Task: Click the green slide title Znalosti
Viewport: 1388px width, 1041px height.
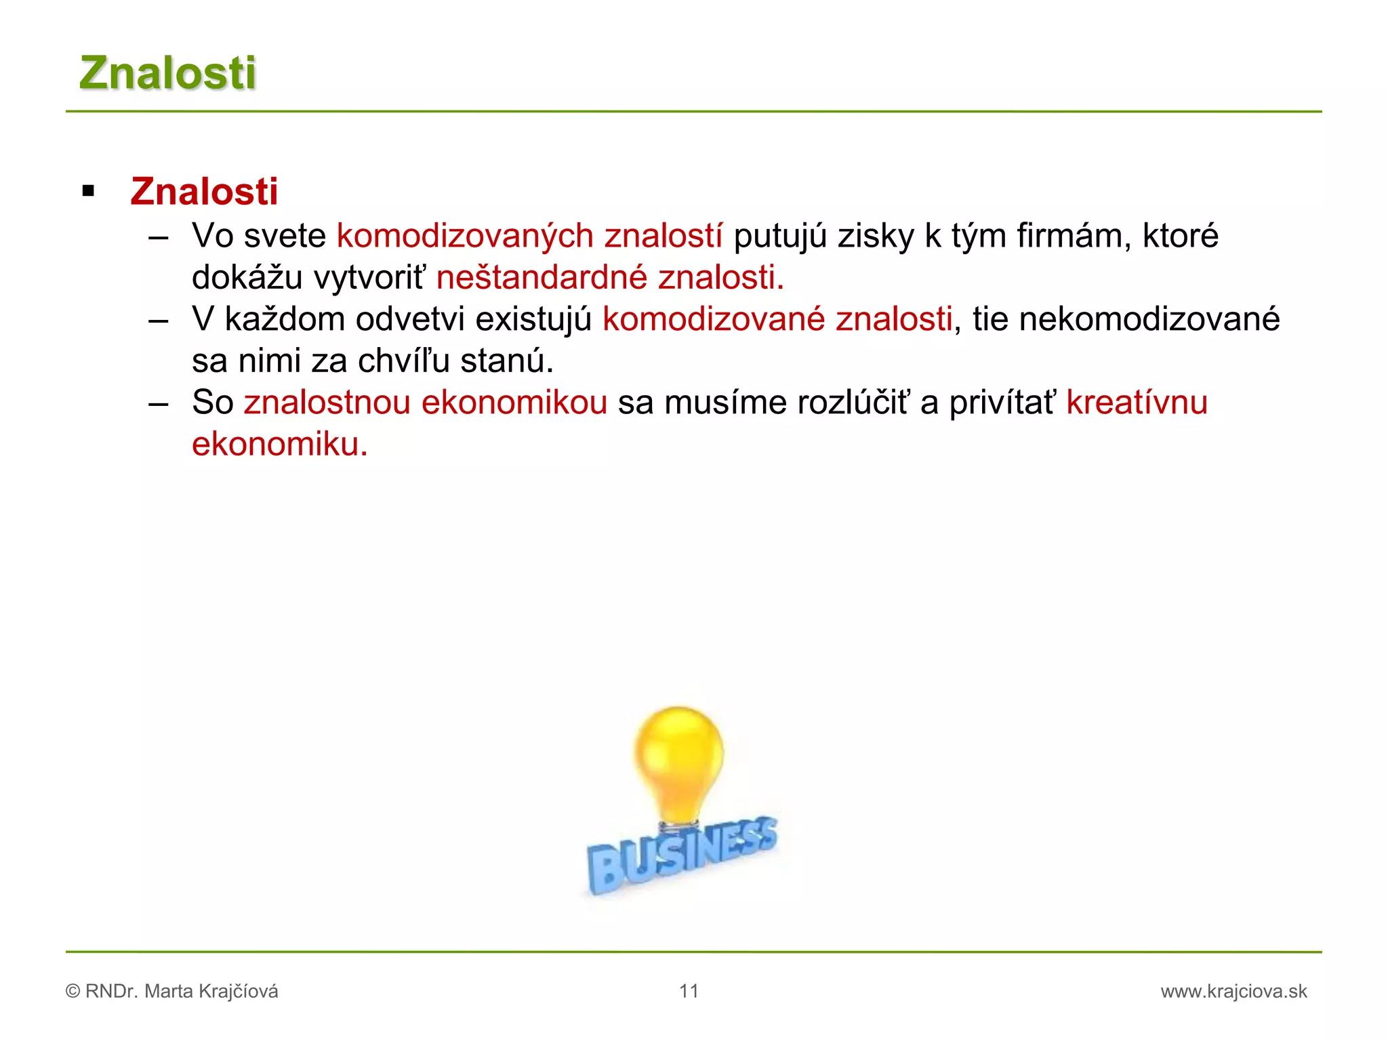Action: point(167,73)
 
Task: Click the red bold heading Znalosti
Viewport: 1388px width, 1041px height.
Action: point(204,191)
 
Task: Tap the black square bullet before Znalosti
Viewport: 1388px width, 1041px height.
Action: point(88,191)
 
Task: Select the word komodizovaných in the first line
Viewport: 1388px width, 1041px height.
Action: point(465,237)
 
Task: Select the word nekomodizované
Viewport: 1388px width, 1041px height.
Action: point(1149,319)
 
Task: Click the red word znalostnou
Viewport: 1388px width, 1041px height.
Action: point(327,403)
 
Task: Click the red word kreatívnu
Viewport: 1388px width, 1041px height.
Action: point(1137,403)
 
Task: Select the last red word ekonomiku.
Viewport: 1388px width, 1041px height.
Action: point(279,445)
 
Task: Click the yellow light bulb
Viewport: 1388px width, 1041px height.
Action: point(678,759)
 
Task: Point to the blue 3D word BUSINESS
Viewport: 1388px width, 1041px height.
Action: point(681,855)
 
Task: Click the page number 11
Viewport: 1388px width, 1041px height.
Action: point(689,992)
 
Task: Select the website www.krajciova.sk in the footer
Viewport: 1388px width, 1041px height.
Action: point(1233,992)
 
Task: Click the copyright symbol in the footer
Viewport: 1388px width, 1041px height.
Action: point(73,992)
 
